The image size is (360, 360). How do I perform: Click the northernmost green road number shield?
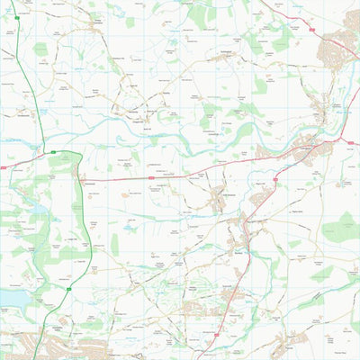pos(16,17)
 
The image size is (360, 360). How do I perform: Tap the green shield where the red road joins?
pos(53,152)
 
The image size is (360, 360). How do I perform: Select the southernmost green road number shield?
pos(69,290)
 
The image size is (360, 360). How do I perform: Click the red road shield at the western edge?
pos(4,166)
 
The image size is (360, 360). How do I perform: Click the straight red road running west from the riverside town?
pos(180,176)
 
